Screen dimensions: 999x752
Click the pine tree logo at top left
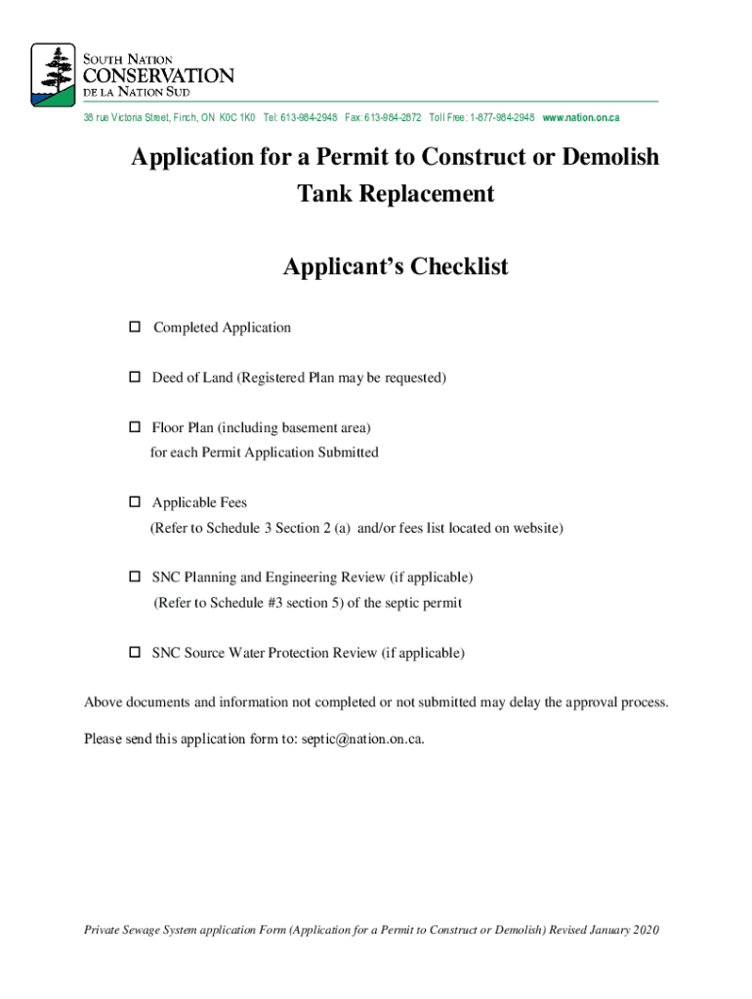(53, 74)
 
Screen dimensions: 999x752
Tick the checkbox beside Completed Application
(135, 327)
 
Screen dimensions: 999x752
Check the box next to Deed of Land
(135, 378)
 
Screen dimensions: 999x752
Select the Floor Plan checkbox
(135, 427)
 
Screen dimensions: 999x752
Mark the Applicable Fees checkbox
(135, 502)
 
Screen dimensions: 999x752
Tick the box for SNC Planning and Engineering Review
(135, 578)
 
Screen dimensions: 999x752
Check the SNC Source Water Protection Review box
(135, 653)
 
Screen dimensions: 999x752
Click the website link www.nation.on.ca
(581, 117)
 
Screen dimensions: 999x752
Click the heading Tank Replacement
(396, 193)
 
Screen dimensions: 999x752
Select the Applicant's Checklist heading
(396, 266)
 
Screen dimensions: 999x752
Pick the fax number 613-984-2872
(393, 117)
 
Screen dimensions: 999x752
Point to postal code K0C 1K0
(237, 117)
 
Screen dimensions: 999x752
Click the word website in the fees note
(535, 528)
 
